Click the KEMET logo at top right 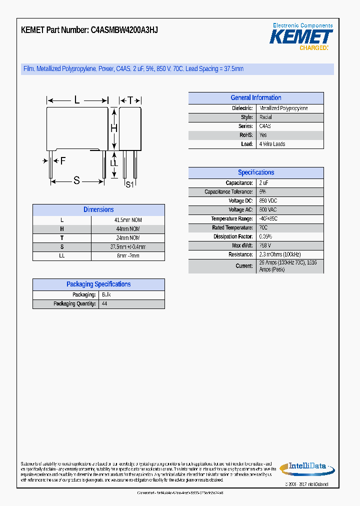click(301, 37)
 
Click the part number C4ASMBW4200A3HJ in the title click(124, 30)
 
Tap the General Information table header click(255, 98)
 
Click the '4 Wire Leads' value click(272, 144)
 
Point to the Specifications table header click(255, 172)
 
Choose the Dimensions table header click(98, 210)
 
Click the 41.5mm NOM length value click(128, 220)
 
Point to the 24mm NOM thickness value click(128, 238)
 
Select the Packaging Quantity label click(74, 304)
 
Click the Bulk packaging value click(106, 295)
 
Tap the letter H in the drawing click(113, 128)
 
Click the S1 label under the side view click(129, 184)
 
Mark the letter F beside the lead click(62, 161)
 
